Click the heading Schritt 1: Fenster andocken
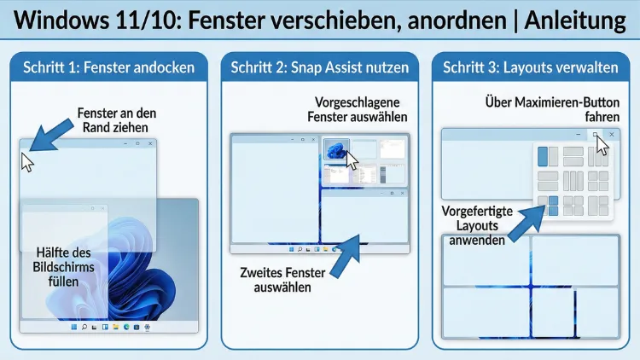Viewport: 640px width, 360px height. [108, 67]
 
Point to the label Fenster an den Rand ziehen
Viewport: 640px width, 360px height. [117, 119]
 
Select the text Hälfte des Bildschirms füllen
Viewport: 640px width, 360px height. [65, 268]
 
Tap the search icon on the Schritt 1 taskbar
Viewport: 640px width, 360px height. [84, 328]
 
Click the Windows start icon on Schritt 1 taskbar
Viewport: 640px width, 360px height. [73, 328]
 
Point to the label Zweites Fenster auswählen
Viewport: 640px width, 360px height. [282, 280]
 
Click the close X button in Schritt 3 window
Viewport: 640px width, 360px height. [611, 135]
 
